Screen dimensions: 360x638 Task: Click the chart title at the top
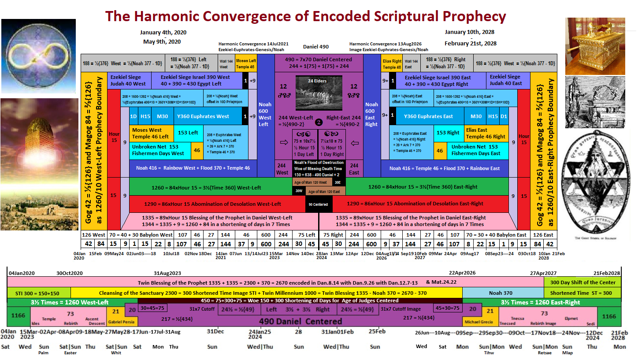[305, 17]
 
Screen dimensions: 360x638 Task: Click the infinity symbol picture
[38, 56]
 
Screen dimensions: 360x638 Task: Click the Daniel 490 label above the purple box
[315, 47]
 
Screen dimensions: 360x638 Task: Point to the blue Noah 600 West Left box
[265, 115]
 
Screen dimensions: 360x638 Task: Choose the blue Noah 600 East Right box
[371, 115]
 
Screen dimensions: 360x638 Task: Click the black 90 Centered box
[319, 204]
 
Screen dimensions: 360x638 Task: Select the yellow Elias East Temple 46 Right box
[485, 133]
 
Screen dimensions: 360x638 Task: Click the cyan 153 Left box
[188, 133]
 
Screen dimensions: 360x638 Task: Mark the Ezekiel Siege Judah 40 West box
[127, 80]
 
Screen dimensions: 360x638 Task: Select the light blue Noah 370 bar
[503, 293]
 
